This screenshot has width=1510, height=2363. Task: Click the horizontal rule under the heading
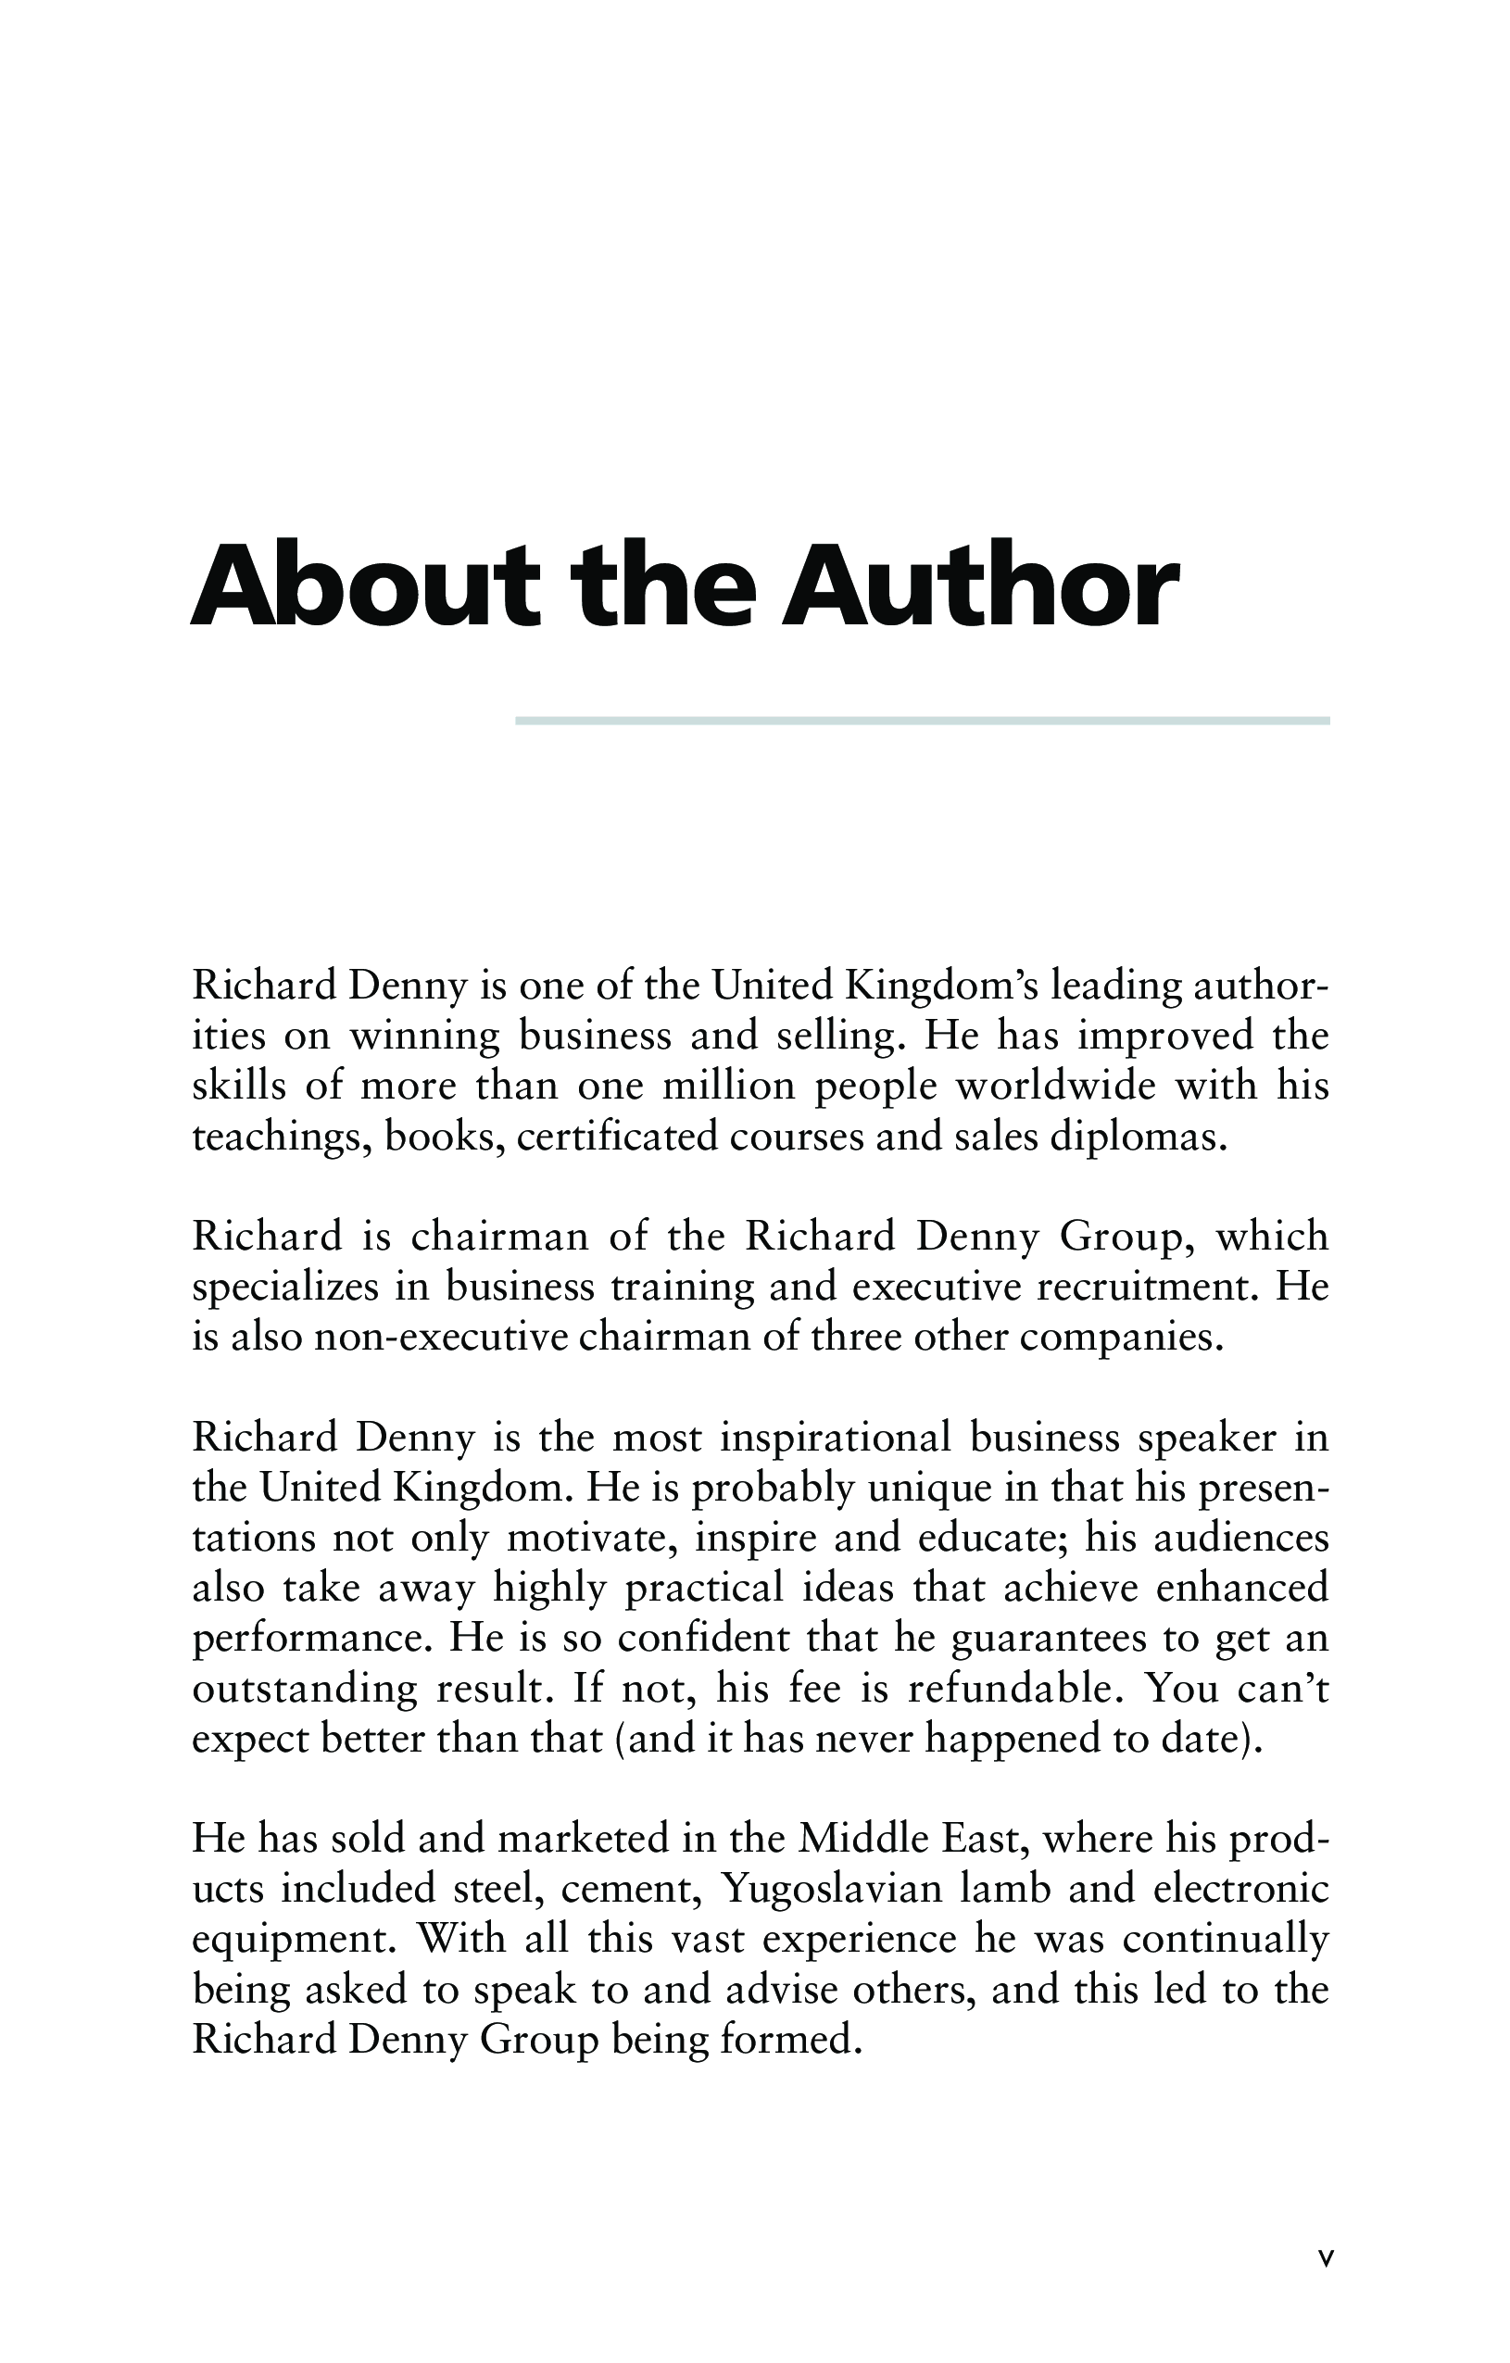click(x=922, y=722)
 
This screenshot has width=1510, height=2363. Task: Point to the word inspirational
click(x=836, y=1438)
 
